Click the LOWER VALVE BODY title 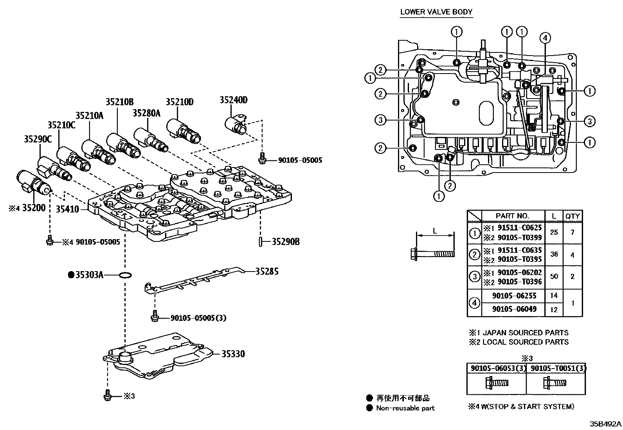coord(436,12)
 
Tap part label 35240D coord(234,100)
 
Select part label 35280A coord(146,113)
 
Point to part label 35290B coord(286,242)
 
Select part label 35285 coord(267,271)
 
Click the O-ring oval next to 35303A coord(124,275)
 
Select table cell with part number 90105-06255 coord(514,296)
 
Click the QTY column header coord(573,216)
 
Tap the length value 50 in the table coord(554,277)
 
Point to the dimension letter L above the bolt coord(435,231)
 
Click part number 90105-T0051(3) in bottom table coord(556,368)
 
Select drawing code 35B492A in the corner coord(605,424)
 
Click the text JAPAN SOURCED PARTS coord(525,333)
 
